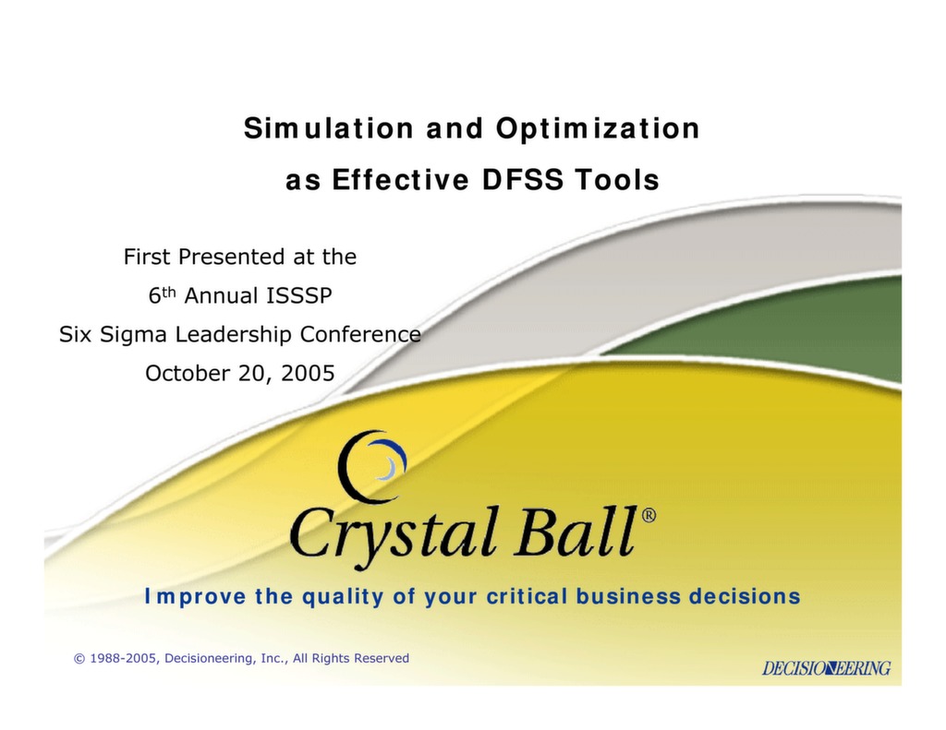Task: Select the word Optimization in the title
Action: tap(597, 128)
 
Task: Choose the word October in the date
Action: tap(185, 373)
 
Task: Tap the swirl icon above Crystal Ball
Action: tap(371, 466)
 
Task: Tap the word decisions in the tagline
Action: tap(745, 596)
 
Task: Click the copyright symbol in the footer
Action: tap(79, 658)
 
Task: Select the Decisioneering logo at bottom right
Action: tap(826, 667)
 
